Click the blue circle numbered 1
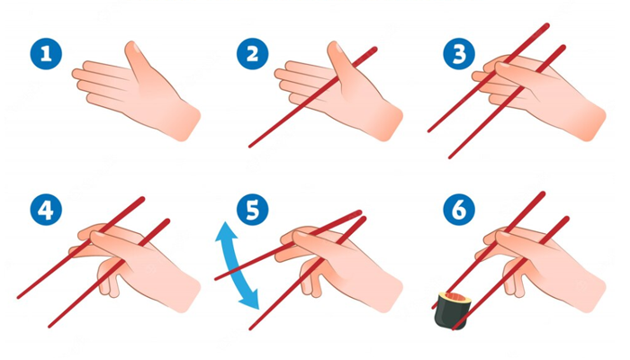tap(46, 53)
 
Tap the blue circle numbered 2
tap(252, 53)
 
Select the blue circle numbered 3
tap(459, 53)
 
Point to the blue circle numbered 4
tap(46, 210)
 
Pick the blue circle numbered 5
tap(252, 210)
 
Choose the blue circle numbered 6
tap(459, 210)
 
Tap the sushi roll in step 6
tap(453, 310)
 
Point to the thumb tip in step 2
tap(336, 46)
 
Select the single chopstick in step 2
tap(313, 97)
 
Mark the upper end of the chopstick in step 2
tap(375, 49)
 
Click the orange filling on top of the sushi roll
tap(457, 298)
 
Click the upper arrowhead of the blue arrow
tap(225, 230)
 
